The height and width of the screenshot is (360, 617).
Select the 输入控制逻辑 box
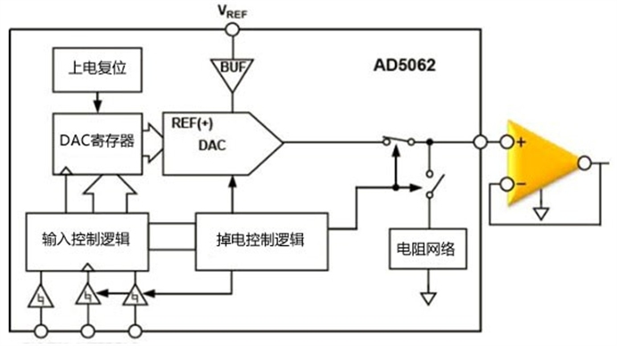pos(86,238)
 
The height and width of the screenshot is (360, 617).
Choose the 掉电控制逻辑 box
pos(260,238)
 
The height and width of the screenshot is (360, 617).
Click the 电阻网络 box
pos(426,249)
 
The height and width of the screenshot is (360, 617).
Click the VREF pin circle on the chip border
pos(233,29)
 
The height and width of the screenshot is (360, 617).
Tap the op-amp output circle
pos(585,162)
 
